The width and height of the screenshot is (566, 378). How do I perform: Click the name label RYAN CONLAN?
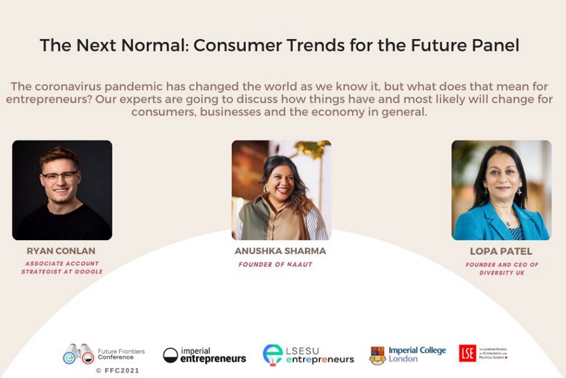tap(61, 251)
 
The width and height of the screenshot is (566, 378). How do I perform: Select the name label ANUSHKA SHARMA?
tap(280, 251)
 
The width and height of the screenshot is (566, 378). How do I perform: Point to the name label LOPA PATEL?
tap(501, 251)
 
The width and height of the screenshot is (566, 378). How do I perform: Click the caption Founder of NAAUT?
tap(275, 265)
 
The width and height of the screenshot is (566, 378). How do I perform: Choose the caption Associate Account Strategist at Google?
tap(62, 267)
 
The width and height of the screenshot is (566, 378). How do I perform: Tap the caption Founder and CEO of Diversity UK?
tap(502, 269)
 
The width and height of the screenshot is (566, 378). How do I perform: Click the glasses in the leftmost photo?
tap(60, 177)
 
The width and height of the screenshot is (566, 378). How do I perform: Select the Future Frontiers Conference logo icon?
tap(78, 354)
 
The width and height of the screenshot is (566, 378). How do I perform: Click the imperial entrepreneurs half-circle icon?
tap(171, 355)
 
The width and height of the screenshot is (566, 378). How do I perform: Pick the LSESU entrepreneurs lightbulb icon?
tap(272, 355)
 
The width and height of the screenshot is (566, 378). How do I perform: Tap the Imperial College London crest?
tap(378, 355)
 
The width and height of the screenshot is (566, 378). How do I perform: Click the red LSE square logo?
tap(467, 353)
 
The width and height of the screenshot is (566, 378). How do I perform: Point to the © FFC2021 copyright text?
tap(117, 370)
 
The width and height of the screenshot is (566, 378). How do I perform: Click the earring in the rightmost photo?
tap(521, 193)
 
